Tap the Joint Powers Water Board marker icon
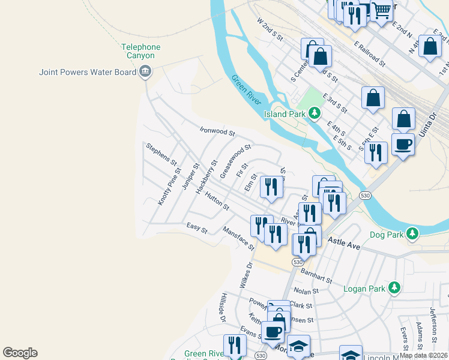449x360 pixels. point(145,72)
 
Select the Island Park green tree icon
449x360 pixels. point(314,113)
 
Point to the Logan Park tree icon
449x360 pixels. point(394,288)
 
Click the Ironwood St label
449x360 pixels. point(217,131)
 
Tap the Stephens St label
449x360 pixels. point(161,154)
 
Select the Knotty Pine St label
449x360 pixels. point(169,187)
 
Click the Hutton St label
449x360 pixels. point(217,202)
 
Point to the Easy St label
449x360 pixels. point(196,227)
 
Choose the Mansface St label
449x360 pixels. point(238,238)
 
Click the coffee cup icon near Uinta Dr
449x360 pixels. point(403,144)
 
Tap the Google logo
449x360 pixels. point(20,353)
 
